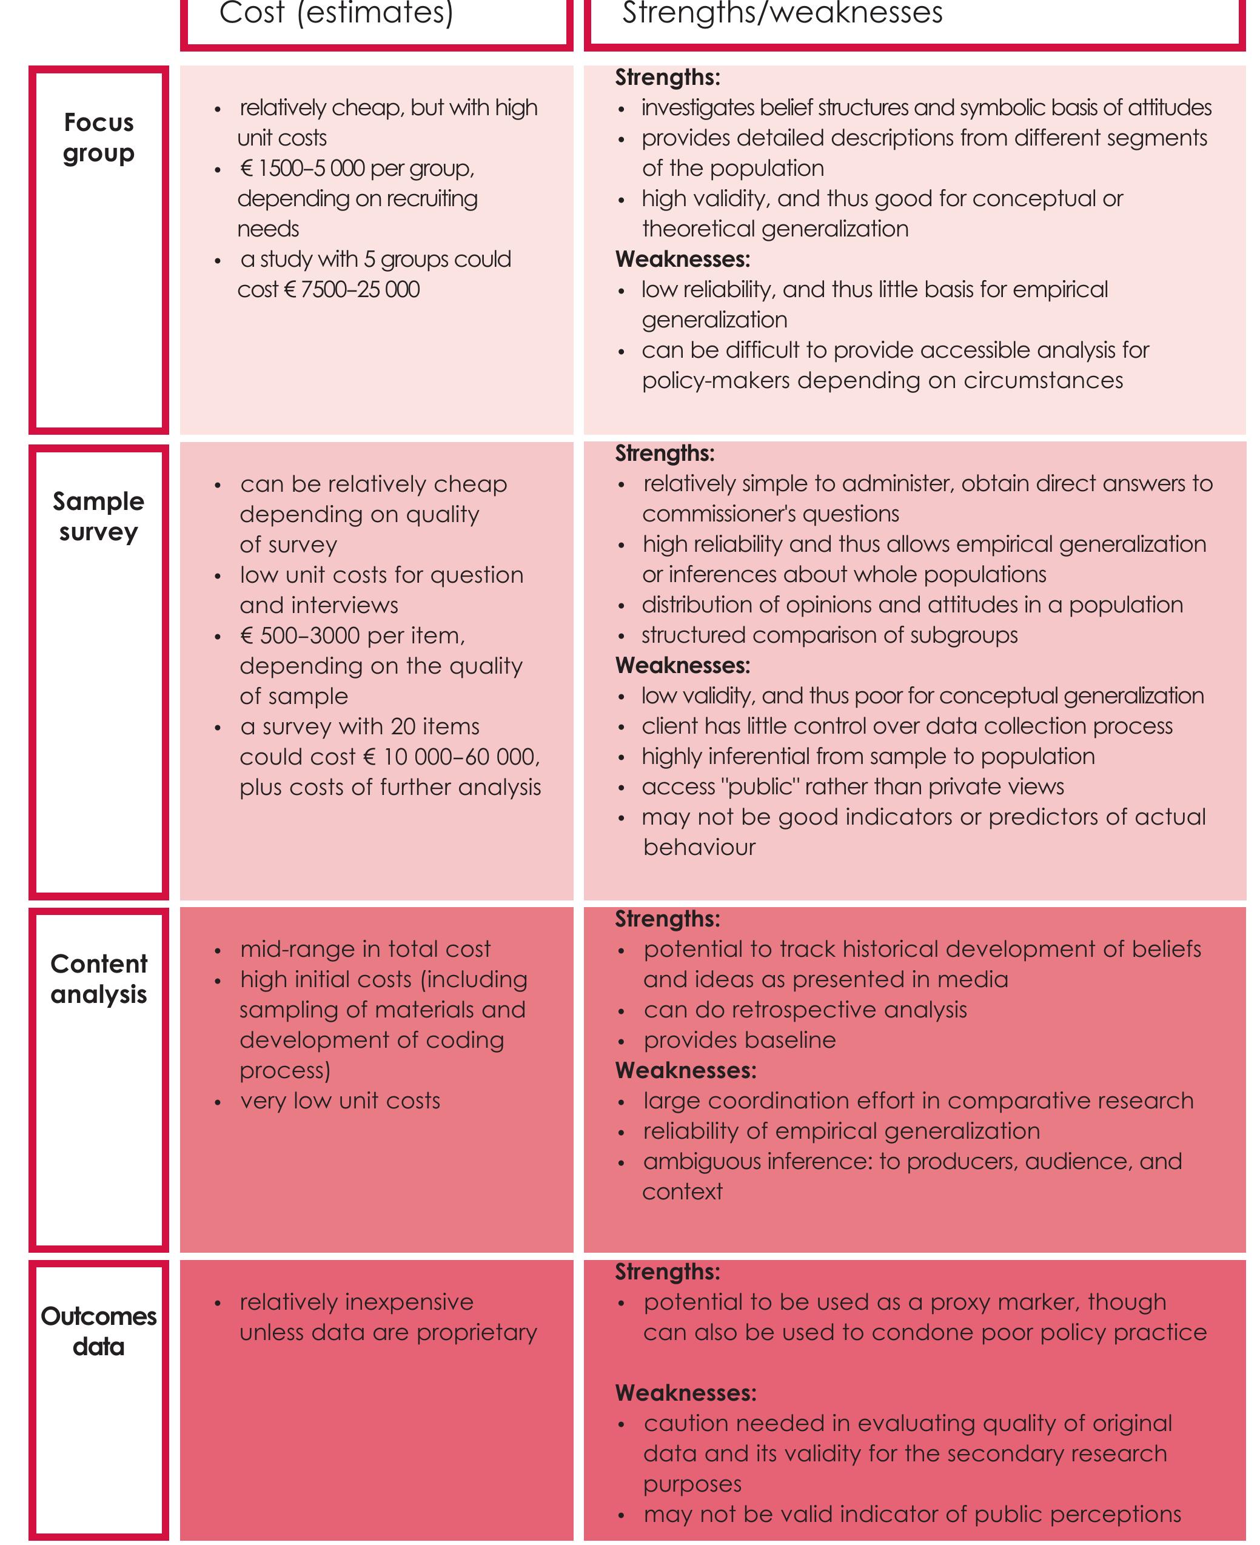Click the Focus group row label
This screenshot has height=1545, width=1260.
(99, 137)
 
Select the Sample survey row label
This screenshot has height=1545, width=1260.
(99, 516)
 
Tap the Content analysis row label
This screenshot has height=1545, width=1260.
(99, 978)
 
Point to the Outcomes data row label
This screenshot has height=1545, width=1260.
(99, 1331)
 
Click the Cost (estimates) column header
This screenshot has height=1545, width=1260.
(336, 13)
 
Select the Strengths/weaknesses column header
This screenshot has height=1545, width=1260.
(782, 13)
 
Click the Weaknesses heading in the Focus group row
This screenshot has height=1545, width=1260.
(682, 259)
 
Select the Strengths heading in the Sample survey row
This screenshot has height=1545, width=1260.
(665, 454)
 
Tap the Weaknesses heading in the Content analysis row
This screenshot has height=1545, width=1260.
(685, 1070)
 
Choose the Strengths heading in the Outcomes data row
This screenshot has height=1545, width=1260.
(668, 1272)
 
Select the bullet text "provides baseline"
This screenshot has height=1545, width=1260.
(739, 1040)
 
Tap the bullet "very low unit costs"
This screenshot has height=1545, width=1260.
(340, 1101)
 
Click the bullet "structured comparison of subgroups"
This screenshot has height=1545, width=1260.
(829, 635)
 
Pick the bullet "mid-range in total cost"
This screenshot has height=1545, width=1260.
(365, 949)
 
